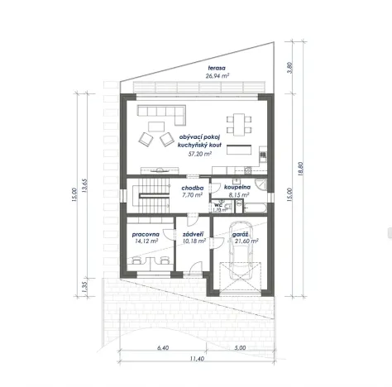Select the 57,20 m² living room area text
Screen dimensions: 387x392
[200, 153]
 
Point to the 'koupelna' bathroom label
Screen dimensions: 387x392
[237, 188]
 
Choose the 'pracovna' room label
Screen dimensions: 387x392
[146, 235]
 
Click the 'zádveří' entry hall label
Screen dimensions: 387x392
[193, 235]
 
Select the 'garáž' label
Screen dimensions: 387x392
[241, 235]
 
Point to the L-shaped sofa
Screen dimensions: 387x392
[162, 112]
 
